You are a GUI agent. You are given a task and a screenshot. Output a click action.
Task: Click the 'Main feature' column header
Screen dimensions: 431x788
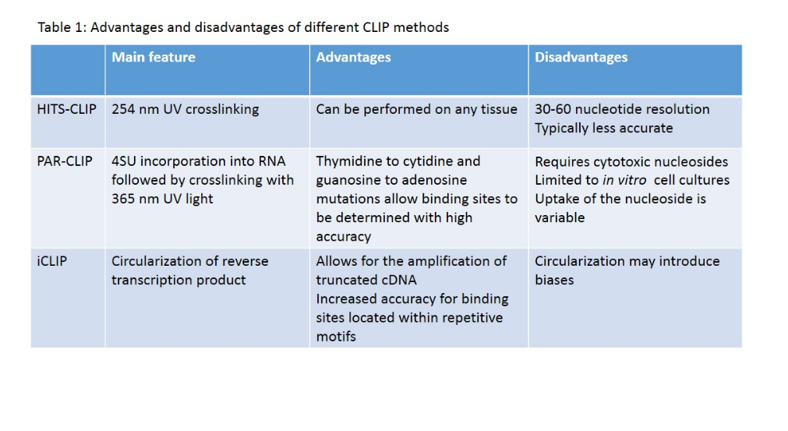coord(154,57)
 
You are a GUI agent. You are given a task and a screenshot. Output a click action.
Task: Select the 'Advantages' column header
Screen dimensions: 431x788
coord(353,57)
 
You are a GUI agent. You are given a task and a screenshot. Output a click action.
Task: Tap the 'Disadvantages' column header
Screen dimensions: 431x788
coord(581,57)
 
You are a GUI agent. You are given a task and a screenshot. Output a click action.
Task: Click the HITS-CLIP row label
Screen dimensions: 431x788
coord(67,109)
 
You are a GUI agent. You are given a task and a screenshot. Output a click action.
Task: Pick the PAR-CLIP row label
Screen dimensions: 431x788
coord(65,161)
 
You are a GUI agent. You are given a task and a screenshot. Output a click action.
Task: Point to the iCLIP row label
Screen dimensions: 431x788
coord(52,261)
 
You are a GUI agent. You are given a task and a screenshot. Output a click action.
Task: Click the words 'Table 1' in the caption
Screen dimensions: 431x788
coord(62,27)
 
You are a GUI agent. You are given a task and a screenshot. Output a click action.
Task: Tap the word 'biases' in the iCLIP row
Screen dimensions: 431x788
coord(554,280)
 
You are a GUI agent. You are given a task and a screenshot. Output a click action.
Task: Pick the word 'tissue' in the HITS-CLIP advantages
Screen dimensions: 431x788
coord(499,109)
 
